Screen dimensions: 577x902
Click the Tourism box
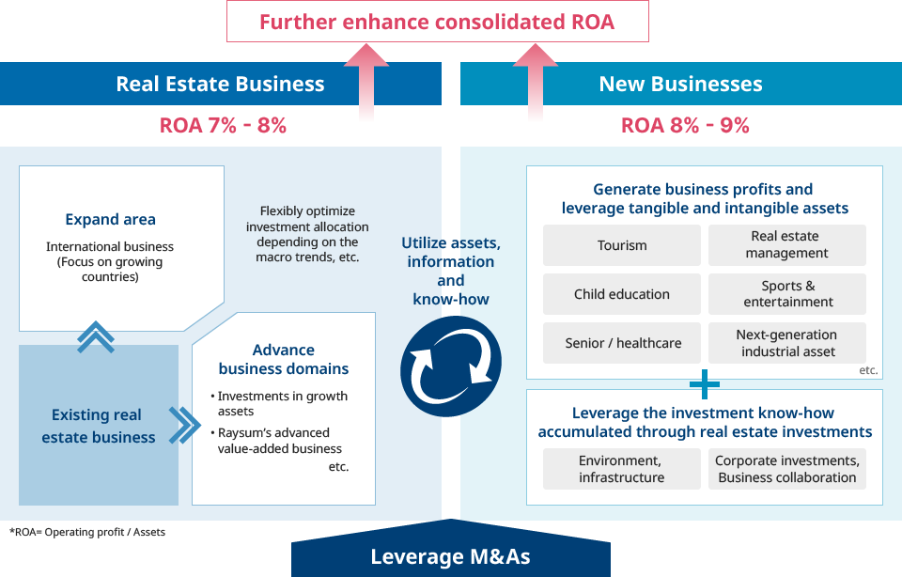622,245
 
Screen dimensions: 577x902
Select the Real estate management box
786,245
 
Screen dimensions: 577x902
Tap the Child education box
622,294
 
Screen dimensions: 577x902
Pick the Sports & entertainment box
787,294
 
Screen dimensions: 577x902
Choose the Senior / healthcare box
622,343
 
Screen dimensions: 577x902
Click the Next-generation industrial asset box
787,343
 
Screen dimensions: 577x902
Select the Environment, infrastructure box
622,469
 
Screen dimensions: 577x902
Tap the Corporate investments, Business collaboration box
787,469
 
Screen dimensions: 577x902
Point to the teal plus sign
704,384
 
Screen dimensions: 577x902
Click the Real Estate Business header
220,84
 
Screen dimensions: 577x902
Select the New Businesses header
680,84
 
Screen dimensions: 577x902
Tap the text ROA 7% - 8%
223,125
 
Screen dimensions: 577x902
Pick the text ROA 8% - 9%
685,125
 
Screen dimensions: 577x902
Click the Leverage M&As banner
451,556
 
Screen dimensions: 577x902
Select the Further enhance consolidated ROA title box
438,22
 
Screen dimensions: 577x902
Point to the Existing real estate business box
99,426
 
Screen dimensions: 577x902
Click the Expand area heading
111,220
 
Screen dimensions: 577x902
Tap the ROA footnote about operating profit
87,532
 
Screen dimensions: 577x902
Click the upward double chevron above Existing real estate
96,336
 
